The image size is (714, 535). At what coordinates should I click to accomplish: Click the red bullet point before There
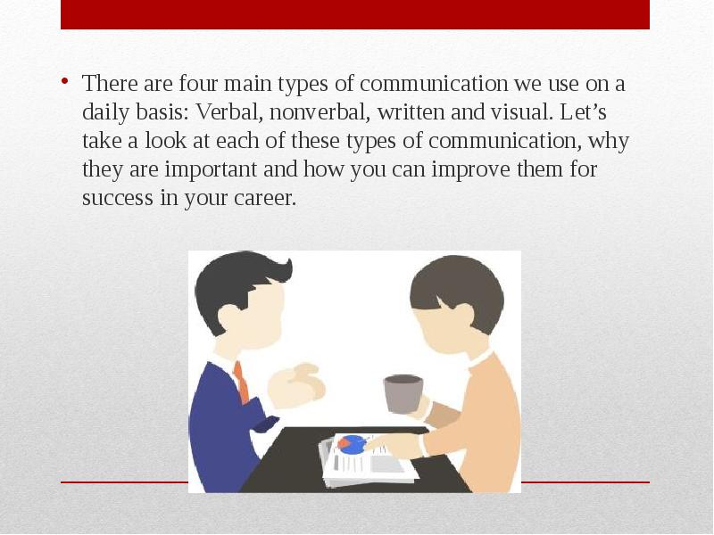pos(65,82)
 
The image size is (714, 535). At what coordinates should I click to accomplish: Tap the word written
pos(411,112)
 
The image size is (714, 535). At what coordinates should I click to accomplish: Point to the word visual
pos(521,112)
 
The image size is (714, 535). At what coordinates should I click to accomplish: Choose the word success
pos(118,198)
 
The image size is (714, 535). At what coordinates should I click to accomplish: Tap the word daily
pos(105,113)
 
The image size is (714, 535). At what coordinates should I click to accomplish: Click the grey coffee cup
pos(403,394)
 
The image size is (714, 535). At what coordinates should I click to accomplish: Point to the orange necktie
pos(242,383)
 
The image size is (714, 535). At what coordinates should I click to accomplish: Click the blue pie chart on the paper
pos(353,444)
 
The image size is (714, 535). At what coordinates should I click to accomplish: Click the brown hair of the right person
pos(458,292)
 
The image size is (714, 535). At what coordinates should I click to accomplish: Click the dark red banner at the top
pos(355,14)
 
